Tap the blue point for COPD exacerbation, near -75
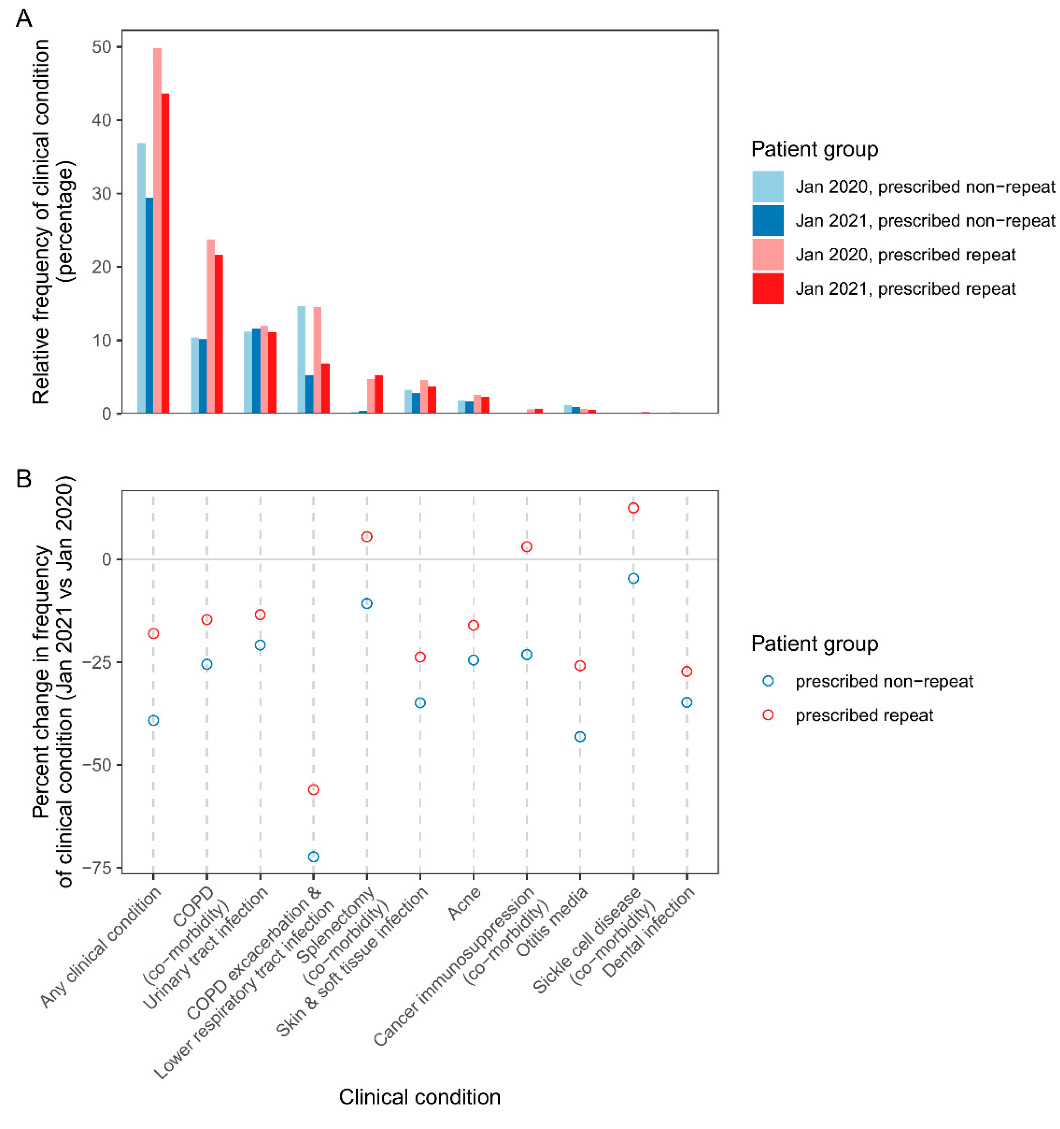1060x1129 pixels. [313, 856]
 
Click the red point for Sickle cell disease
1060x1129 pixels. [634, 508]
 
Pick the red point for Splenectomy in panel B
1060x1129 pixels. [367, 537]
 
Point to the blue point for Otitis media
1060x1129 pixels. [580, 736]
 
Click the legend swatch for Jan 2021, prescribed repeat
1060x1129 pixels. [767, 288]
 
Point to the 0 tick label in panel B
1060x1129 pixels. [106, 560]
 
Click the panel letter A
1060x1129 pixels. [24, 19]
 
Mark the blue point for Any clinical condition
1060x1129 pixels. [153, 720]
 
